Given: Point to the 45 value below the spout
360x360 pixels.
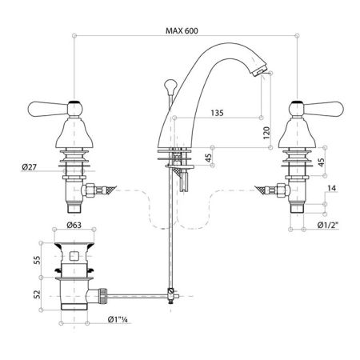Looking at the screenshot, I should tap(209, 158).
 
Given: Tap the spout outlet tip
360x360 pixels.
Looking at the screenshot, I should tap(258, 72).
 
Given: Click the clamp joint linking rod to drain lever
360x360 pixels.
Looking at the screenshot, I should tap(170, 292).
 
